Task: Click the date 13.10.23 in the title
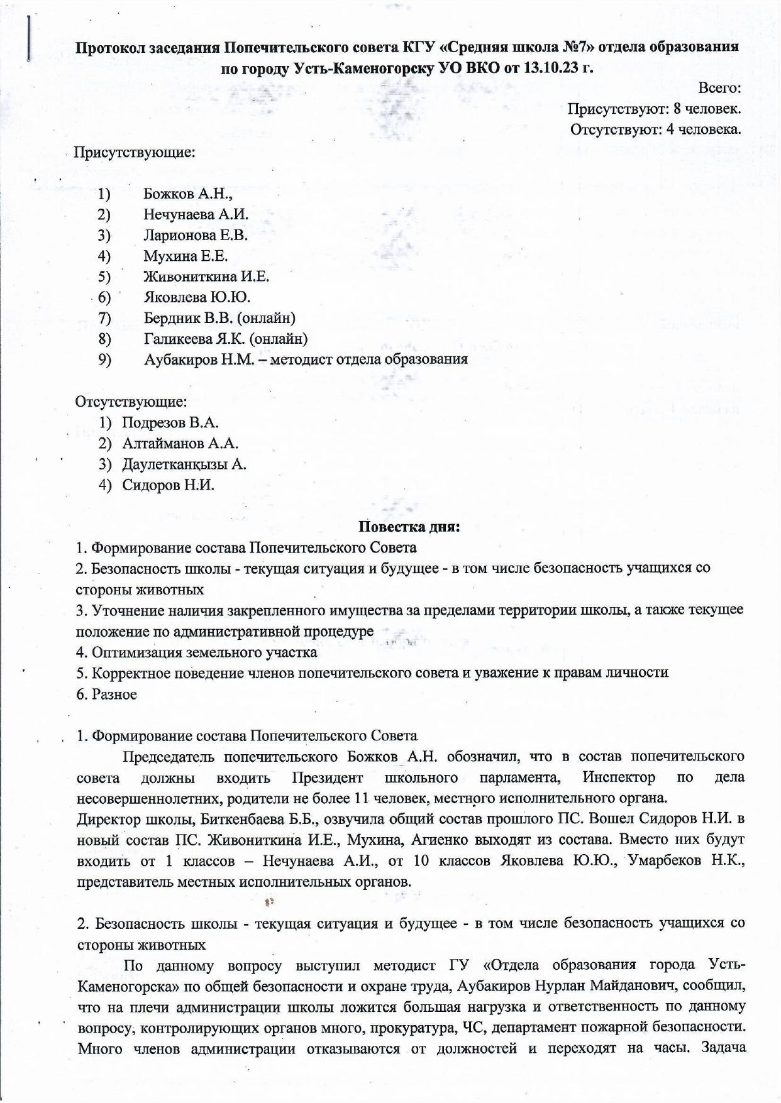tap(551, 69)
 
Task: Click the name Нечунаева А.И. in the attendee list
tap(196, 214)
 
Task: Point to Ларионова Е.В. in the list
tap(195, 235)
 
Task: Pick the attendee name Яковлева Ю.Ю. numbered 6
tap(196, 297)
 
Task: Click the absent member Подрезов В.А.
tap(170, 422)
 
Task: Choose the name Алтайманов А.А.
tap(180, 444)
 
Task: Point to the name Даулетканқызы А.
tap(184, 464)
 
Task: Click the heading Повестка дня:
tap(409, 527)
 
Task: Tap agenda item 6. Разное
tap(107, 694)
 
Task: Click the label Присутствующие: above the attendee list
tap(135, 152)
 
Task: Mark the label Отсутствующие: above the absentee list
tap(131, 402)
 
